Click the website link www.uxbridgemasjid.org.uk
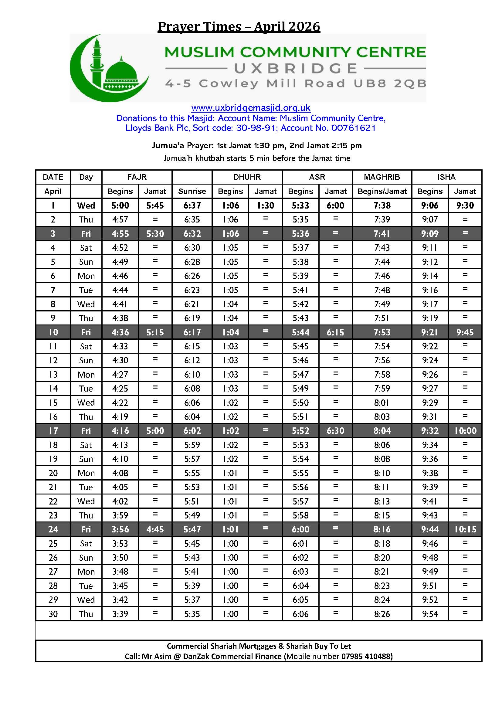point(251,108)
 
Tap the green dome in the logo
point(121,72)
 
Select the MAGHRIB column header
point(382,177)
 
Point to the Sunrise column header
point(192,192)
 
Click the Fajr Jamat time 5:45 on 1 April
point(155,205)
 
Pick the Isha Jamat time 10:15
point(465,529)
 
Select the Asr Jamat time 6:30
point(335,430)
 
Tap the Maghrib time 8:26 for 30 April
point(382,614)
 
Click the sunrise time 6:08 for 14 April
point(192,389)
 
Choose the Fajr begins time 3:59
point(120,515)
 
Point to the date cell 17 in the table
point(53,430)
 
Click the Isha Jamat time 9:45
point(465,332)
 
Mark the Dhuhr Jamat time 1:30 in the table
point(266,205)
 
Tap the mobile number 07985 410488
point(367,656)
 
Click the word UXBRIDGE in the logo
point(296,68)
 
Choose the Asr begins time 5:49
point(300,389)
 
